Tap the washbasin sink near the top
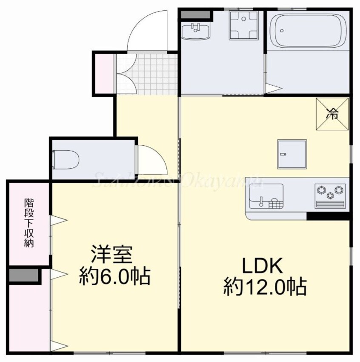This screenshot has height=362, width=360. tap(196, 31)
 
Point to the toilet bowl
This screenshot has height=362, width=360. tap(66, 159)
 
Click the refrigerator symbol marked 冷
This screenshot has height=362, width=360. tap(332, 114)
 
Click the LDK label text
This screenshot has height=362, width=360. tap(262, 267)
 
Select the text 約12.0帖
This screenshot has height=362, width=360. tap(265, 287)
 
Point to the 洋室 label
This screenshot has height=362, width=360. tap(113, 255)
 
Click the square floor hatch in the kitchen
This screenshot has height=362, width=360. tap(291, 154)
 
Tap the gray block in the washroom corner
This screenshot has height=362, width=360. tap(195, 14)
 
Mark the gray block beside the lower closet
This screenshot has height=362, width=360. tap(24, 276)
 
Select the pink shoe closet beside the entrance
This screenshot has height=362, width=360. tap(103, 73)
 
